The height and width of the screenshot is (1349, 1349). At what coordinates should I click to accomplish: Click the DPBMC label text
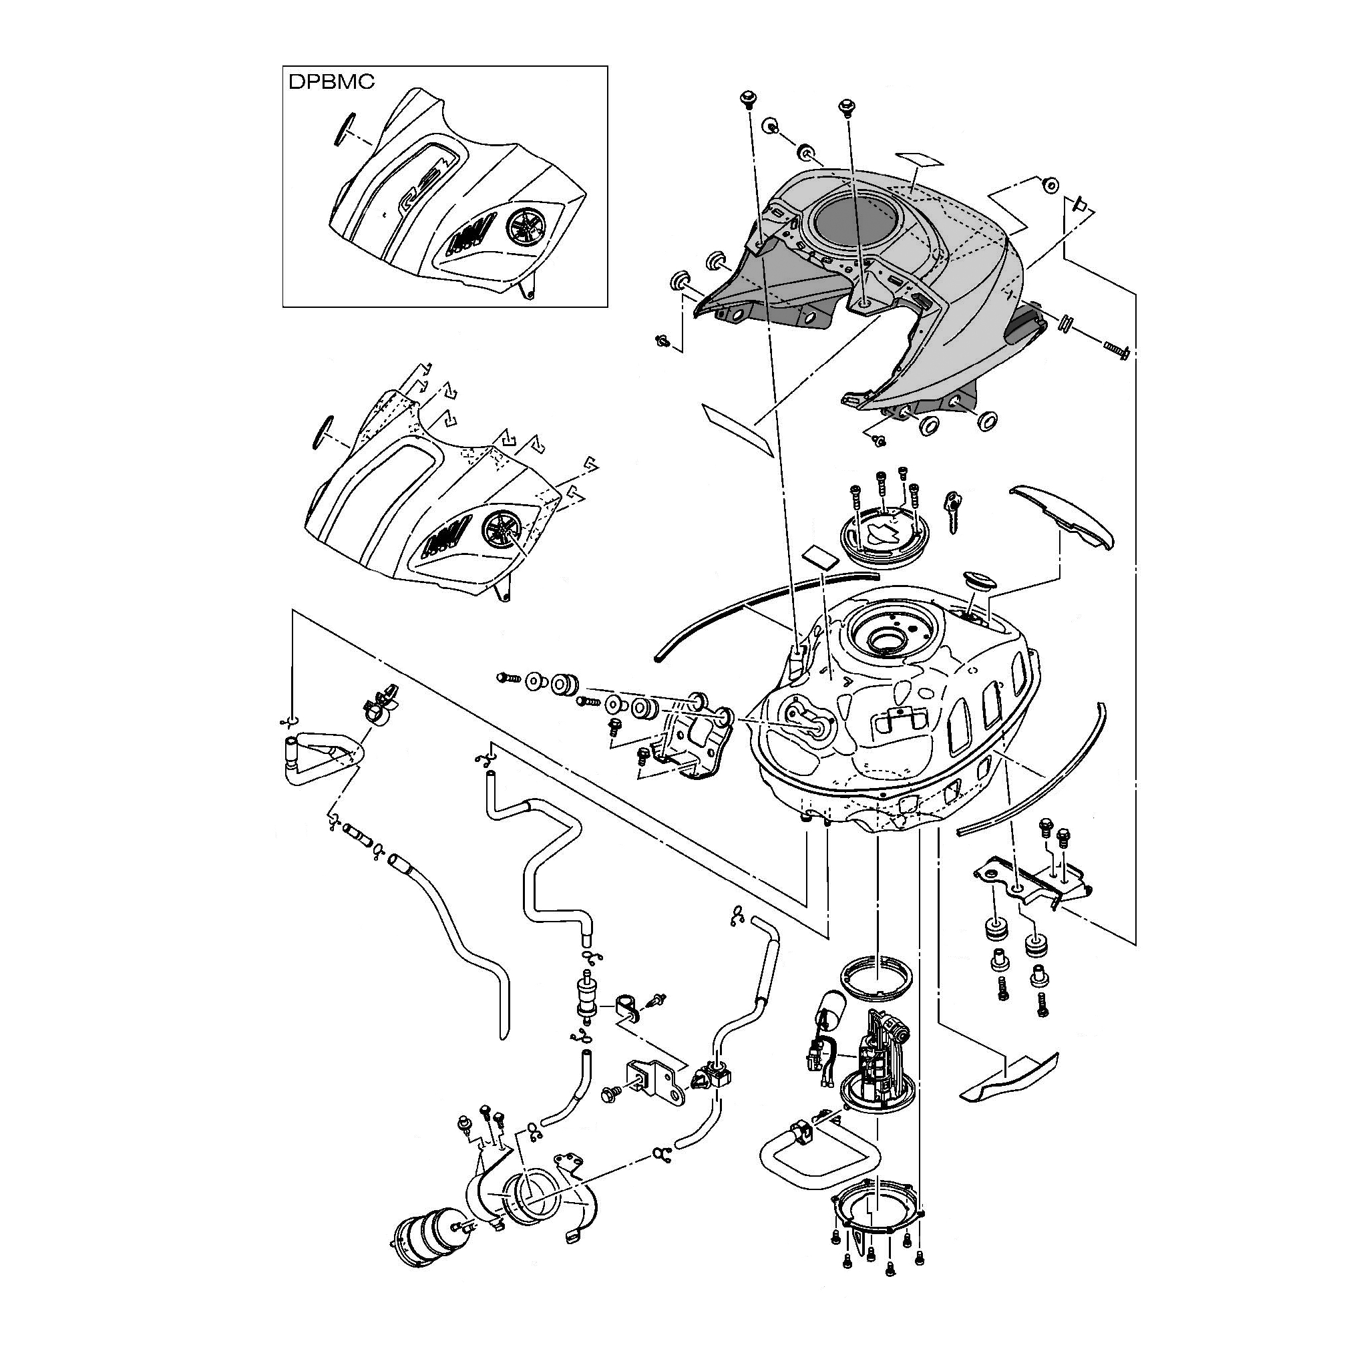tap(331, 81)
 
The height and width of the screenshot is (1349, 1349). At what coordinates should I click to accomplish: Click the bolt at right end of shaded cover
tap(1117, 349)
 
